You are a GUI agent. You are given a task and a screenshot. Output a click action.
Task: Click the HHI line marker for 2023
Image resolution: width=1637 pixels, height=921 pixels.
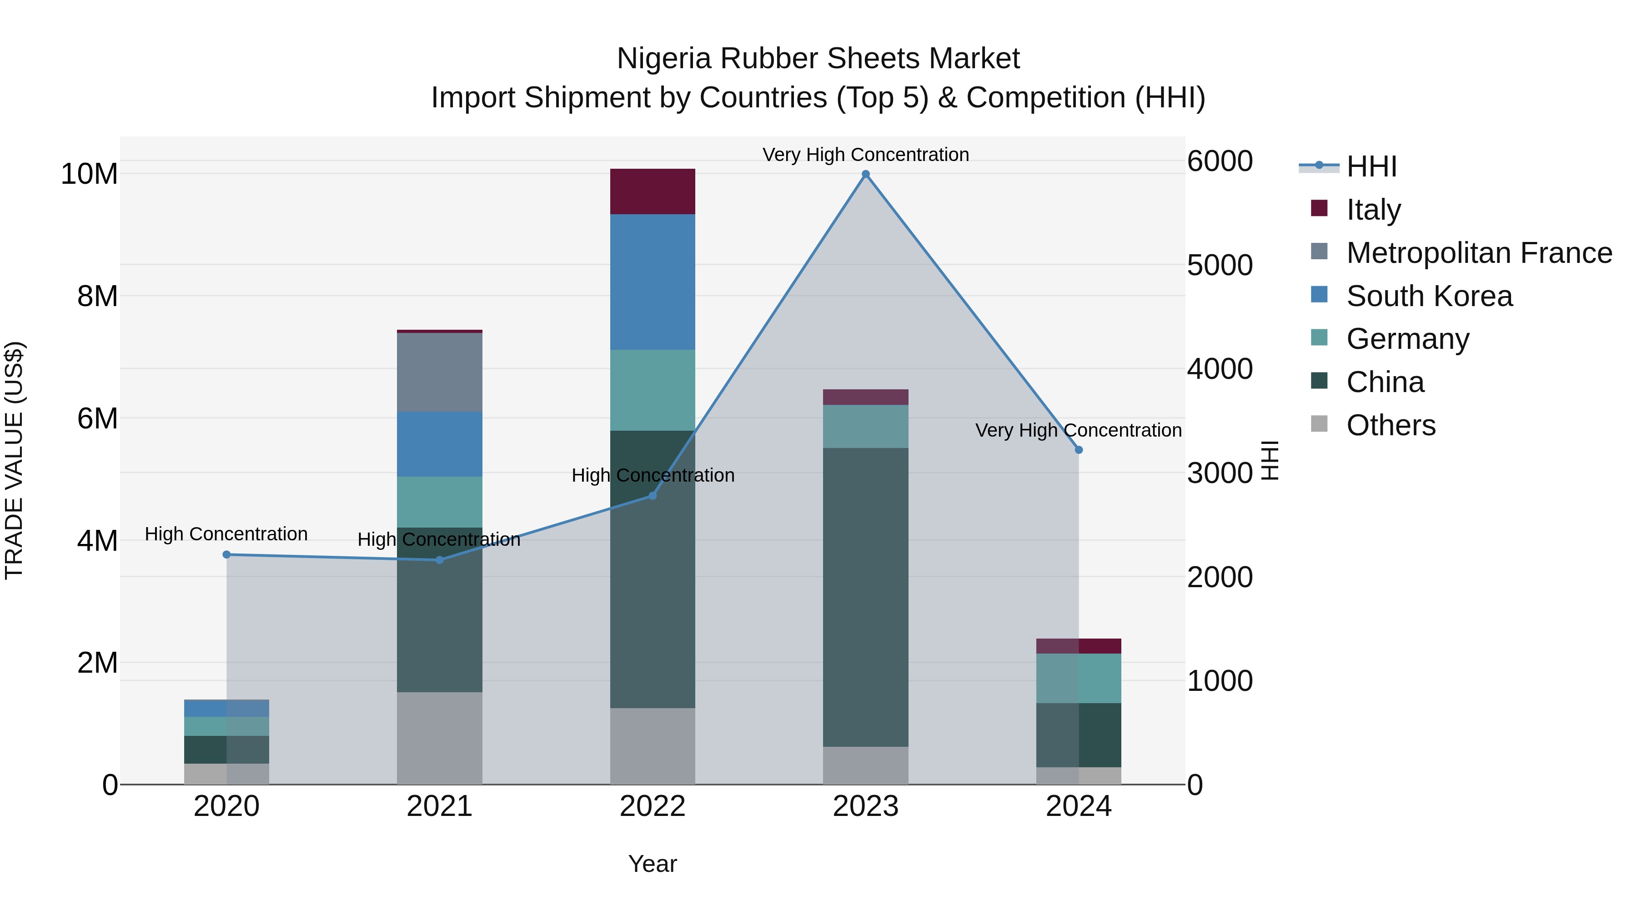[x=865, y=174]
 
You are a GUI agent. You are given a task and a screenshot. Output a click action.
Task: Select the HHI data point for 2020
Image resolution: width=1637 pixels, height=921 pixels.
[x=227, y=555]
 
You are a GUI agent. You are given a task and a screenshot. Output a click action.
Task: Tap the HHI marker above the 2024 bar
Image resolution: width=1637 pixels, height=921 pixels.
[x=1079, y=450]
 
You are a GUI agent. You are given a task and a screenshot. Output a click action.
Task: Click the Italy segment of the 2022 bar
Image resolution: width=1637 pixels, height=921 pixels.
[x=653, y=191]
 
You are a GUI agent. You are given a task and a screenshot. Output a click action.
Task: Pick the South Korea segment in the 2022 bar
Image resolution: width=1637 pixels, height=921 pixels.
[x=653, y=282]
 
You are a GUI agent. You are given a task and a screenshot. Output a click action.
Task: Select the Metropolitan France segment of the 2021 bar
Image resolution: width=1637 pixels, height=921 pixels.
[x=440, y=372]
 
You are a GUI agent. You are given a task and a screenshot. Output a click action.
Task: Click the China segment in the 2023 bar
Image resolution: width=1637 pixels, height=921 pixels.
[x=865, y=598]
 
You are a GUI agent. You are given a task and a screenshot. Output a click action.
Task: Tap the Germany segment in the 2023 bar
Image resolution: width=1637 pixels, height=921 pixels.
[x=865, y=427]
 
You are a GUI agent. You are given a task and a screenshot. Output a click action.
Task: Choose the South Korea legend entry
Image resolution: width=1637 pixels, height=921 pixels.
[x=1429, y=296]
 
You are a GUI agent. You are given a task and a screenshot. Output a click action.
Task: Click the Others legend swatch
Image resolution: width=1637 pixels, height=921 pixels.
[x=1319, y=425]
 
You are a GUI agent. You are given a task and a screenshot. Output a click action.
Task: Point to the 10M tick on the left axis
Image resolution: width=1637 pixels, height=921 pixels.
[x=89, y=174]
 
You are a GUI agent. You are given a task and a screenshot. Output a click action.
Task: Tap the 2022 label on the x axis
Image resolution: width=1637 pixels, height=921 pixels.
[x=653, y=806]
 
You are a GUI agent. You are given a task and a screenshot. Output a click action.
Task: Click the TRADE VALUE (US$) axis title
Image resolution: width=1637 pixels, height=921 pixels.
[x=14, y=460]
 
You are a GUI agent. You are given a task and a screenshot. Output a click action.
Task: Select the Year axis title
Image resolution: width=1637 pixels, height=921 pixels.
[x=653, y=864]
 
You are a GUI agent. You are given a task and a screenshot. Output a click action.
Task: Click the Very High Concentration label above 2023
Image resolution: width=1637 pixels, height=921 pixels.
[x=865, y=155]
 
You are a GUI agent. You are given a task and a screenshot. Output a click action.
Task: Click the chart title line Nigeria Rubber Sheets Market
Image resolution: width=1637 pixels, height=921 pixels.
[x=818, y=59]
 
